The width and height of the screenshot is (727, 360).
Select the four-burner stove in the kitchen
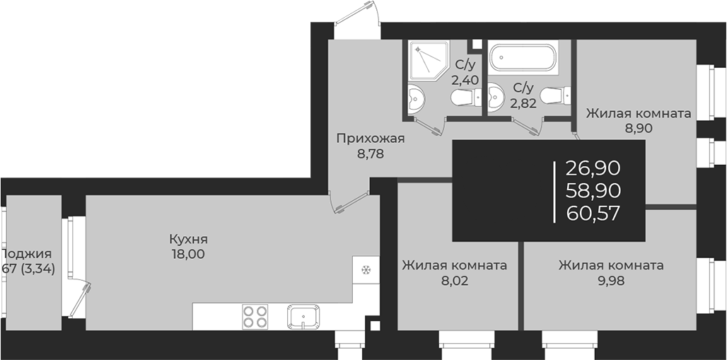point(255,316)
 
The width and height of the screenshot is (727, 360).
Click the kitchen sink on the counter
point(303,316)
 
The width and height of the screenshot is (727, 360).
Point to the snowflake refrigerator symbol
point(366,269)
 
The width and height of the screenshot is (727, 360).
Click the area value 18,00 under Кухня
point(187,255)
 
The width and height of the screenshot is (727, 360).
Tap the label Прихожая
point(370,138)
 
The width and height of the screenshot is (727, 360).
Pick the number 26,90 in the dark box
point(593,168)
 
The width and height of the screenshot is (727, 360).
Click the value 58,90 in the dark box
point(593,190)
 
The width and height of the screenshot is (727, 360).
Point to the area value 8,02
point(453,281)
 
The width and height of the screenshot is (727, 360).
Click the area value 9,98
point(610,281)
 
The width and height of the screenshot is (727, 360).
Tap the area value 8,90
point(638,128)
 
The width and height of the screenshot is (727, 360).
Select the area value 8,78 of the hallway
point(370,153)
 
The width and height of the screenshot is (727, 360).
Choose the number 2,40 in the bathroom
point(465,79)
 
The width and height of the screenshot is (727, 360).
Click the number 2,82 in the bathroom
point(523,103)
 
